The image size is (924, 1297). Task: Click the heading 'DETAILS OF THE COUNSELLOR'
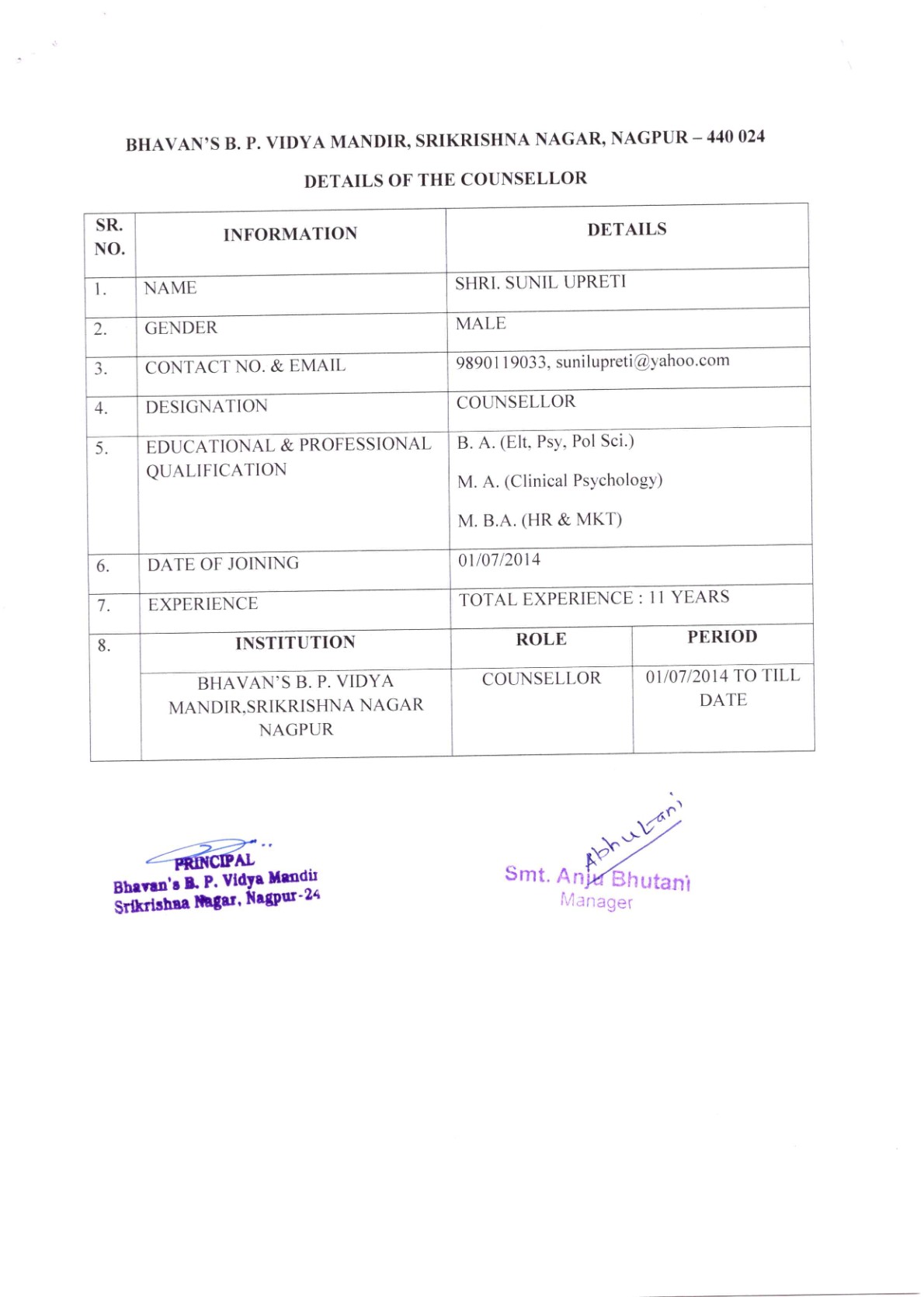pos(445,179)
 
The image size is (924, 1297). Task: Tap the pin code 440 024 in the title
pos(735,137)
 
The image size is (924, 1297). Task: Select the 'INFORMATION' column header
pos(290,234)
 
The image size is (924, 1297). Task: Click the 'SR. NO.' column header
pos(109,237)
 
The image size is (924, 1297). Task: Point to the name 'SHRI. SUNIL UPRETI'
pos(540,282)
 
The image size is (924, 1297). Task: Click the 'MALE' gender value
pos(481,323)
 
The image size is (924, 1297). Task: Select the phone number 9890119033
pos(502,363)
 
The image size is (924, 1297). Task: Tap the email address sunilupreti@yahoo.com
pos(643,361)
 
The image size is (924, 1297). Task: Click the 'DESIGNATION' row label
pos(207,406)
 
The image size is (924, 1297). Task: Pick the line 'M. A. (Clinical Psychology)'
pos(560,481)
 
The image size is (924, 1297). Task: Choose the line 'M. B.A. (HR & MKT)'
pos(540,520)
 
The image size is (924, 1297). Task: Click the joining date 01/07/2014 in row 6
pos(499,560)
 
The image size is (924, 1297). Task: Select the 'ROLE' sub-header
pos(541,639)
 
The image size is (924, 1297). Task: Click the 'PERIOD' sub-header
pos(722,637)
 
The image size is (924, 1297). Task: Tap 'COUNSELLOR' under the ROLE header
pos(541,679)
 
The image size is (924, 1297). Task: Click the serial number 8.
pos(104,645)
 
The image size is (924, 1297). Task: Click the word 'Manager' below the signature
pos(596,901)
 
